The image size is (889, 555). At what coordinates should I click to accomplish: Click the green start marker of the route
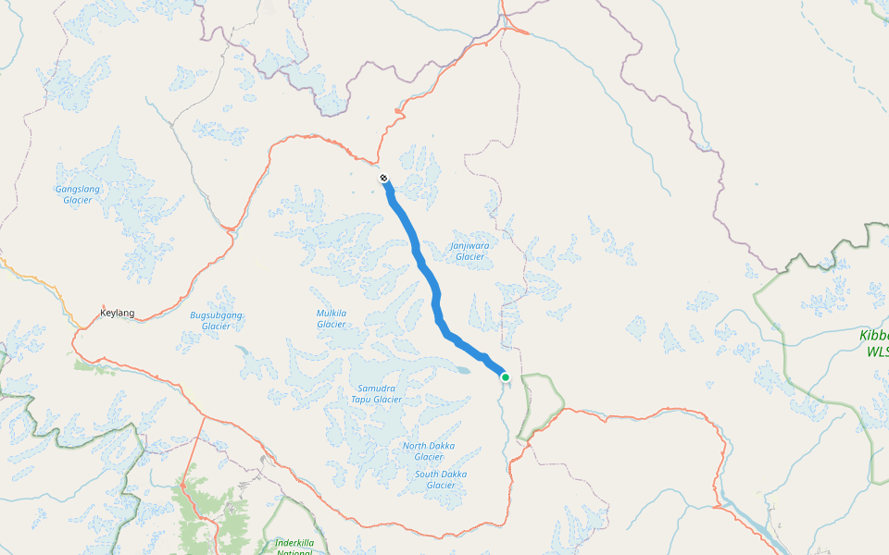coord(506,376)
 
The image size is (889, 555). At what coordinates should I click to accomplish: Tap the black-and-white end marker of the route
coord(383,177)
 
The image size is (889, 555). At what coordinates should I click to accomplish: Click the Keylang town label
coord(118,313)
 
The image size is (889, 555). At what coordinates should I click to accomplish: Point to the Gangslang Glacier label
coord(78,194)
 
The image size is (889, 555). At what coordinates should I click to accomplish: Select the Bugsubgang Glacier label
coord(216,320)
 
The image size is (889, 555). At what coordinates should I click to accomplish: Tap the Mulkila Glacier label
coord(332,318)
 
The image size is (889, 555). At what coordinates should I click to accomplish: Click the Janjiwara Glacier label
coord(470,251)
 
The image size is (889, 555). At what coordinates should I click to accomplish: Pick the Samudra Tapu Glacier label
coord(376,394)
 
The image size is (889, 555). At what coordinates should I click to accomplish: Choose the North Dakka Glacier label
coord(428,451)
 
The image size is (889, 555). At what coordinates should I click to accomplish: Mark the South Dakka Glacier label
coord(440,479)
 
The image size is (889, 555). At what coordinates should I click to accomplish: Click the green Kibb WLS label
coord(873,343)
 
